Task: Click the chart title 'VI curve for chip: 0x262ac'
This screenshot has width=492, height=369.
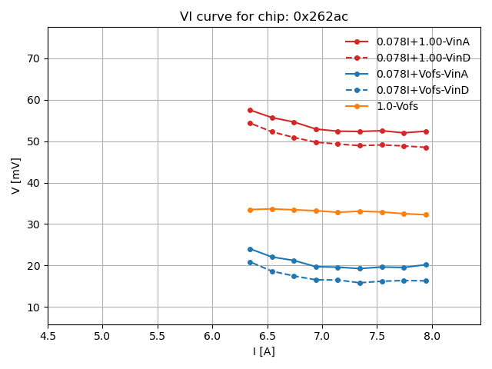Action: point(264,17)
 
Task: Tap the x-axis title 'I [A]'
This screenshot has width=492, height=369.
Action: point(264,351)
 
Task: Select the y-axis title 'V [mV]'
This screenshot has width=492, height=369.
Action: point(16,175)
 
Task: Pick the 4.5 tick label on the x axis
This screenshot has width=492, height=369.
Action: point(48,336)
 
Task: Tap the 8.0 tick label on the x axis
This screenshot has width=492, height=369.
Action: point(432,336)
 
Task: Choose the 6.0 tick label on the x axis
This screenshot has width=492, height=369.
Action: point(212,336)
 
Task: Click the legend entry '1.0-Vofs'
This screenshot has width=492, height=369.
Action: point(402,106)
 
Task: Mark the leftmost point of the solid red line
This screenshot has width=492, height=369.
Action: point(250,110)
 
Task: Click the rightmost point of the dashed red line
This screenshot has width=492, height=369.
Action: point(426,148)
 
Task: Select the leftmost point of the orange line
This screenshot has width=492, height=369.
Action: point(250,210)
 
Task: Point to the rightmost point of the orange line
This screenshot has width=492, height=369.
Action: point(426,214)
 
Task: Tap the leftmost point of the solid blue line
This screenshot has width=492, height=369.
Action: point(250,249)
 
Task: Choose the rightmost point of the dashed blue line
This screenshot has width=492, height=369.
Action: point(426,281)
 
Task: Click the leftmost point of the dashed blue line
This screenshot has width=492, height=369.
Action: point(250,262)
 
